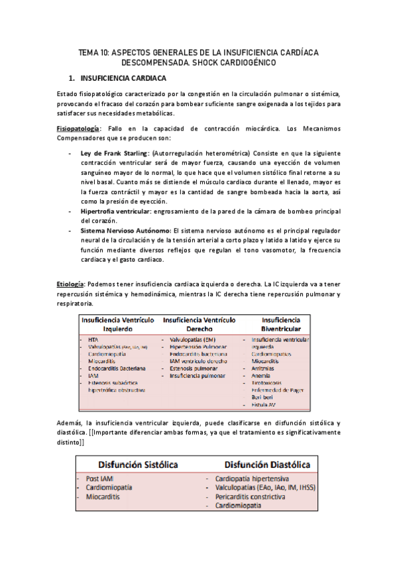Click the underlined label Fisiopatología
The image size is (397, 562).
coord(79,127)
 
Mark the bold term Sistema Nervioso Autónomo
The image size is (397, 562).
coord(126,230)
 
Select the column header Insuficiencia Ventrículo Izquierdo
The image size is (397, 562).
coord(119,324)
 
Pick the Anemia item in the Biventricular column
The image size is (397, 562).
coord(261,376)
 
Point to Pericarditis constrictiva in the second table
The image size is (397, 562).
coord(251,496)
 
